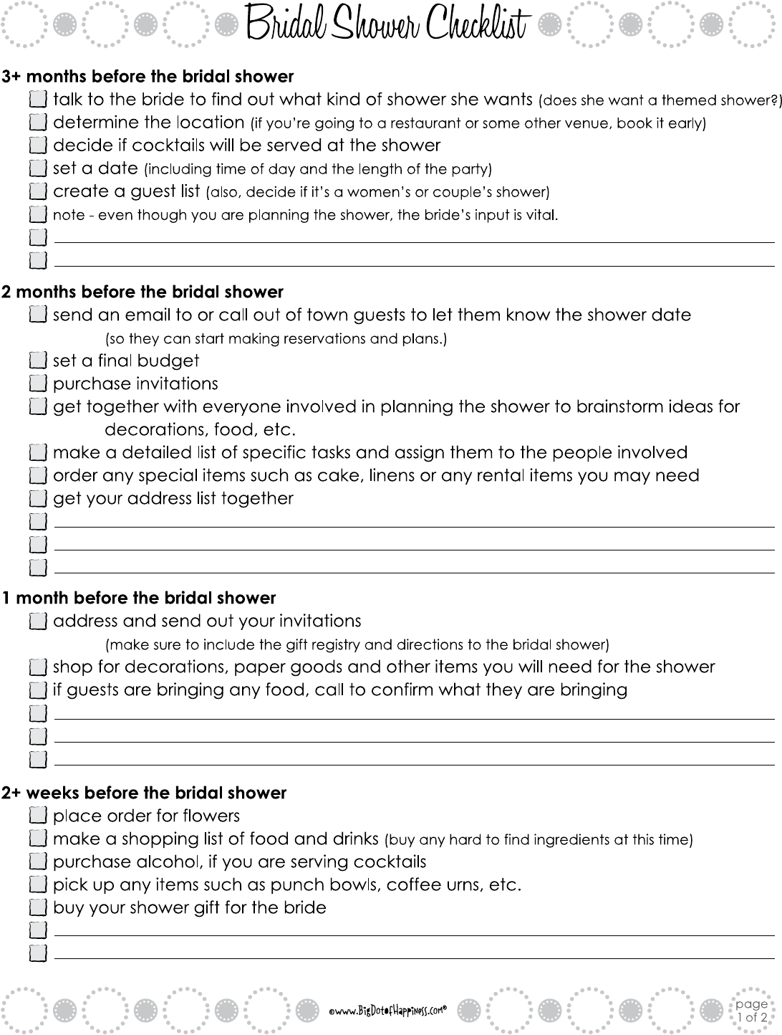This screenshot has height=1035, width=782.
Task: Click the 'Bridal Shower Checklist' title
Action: pyautogui.click(x=388, y=26)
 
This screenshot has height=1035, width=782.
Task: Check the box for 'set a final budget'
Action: pyautogui.click(x=39, y=361)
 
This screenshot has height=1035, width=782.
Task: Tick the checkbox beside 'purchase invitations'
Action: pyautogui.click(x=39, y=384)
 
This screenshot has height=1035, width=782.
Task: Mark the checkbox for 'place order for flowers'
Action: pyautogui.click(x=39, y=816)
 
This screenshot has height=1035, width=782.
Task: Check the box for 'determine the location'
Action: pyautogui.click(x=39, y=123)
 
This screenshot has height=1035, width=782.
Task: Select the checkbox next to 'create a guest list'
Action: pyautogui.click(x=39, y=192)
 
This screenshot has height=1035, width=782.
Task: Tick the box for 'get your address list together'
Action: pyautogui.click(x=39, y=499)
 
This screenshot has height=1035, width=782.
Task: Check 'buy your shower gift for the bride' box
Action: pyautogui.click(x=39, y=908)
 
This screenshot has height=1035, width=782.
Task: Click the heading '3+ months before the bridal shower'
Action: pyautogui.click(x=148, y=77)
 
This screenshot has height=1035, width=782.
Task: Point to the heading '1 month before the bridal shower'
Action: pyautogui.click(x=139, y=598)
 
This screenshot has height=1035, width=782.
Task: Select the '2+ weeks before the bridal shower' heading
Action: pyautogui.click(x=144, y=793)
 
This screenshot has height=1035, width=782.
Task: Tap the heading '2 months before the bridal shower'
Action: pyautogui.click(x=143, y=292)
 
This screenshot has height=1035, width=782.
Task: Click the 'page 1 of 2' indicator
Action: pyautogui.click(x=751, y=1011)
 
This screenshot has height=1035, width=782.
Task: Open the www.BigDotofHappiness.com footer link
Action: pyautogui.click(x=387, y=1011)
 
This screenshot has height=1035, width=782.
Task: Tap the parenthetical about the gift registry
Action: pyautogui.click(x=357, y=644)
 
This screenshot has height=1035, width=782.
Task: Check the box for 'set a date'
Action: pyautogui.click(x=39, y=169)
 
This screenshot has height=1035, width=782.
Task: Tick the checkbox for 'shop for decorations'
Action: pyautogui.click(x=39, y=668)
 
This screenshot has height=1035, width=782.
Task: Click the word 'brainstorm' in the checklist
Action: pyautogui.click(x=613, y=407)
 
